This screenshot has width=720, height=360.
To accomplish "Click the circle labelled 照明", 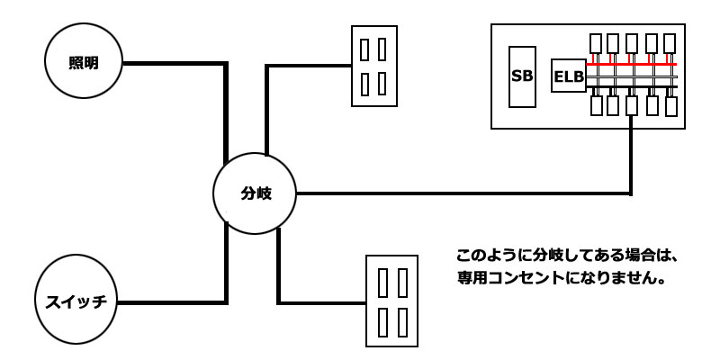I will (x=83, y=62).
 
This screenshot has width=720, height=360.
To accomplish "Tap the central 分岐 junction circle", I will (x=256, y=193).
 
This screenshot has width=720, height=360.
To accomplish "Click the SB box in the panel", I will (x=522, y=76).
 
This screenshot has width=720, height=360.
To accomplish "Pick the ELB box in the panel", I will (x=568, y=77).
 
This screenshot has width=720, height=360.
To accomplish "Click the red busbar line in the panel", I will (x=630, y=66).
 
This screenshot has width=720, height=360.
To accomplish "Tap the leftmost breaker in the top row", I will (x=595, y=43).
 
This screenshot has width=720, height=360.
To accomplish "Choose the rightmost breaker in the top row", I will (x=669, y=43).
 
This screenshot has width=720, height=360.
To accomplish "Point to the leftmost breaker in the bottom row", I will (x=595, y=106).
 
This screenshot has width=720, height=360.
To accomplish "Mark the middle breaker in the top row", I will (x=632, y=43).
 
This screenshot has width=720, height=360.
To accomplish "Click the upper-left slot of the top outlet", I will (x=364, y=47).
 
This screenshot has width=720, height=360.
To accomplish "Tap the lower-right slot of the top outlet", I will (x=382, y=84).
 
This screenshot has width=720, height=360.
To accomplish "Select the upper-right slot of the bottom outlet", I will (x=400, y=282).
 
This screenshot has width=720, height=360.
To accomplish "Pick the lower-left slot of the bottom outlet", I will (x=382, y=321).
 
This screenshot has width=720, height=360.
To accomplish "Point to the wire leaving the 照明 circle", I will (x=171, y=64).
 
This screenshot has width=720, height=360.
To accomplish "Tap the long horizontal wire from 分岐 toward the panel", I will (x=459, y=193).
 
